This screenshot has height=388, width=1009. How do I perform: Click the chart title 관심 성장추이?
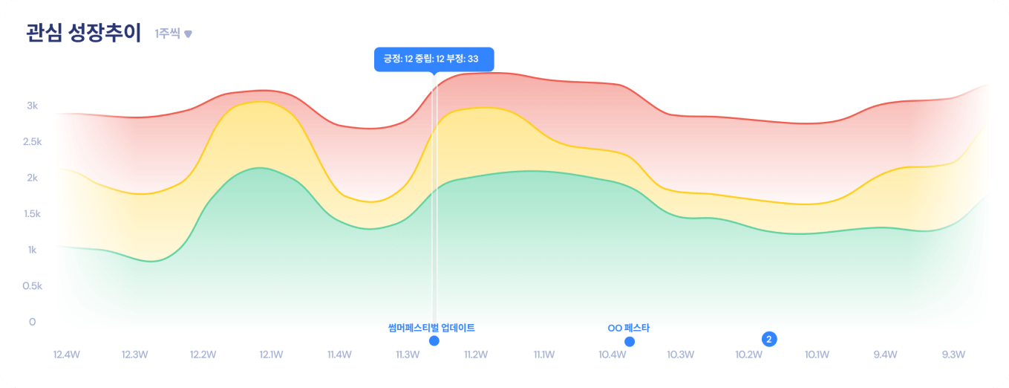[83, 33]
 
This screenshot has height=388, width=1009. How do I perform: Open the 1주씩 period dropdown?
[174, 33]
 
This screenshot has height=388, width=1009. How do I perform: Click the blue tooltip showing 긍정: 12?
[434, 59]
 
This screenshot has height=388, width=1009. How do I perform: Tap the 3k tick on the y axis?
[32, 106]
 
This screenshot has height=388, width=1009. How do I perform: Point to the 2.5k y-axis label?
[32, 142]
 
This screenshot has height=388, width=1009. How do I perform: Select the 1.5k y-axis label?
[32, 214]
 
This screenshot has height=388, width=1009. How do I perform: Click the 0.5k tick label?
[32, 286]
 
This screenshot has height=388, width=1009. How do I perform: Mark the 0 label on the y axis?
[32, 322]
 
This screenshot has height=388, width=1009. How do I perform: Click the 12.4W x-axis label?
[67, 355]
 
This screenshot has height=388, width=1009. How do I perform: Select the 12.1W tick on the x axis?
[271, 355]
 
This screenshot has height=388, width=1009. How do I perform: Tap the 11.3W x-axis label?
[407, 355]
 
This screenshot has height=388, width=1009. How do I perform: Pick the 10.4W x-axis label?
[612, 355]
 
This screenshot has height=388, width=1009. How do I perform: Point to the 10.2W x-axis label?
[748, 355]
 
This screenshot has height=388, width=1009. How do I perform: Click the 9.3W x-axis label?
[953, 355]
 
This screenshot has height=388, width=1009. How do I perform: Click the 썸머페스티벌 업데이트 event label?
[431, 327]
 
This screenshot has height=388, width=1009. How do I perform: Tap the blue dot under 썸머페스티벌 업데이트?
[434, 340]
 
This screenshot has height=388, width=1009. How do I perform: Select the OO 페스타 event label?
[628, 327]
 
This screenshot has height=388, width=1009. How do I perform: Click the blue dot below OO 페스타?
[630, 341]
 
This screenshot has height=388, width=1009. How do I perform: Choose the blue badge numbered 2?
[769, 340]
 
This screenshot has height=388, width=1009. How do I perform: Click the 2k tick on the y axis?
[32, 178]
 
